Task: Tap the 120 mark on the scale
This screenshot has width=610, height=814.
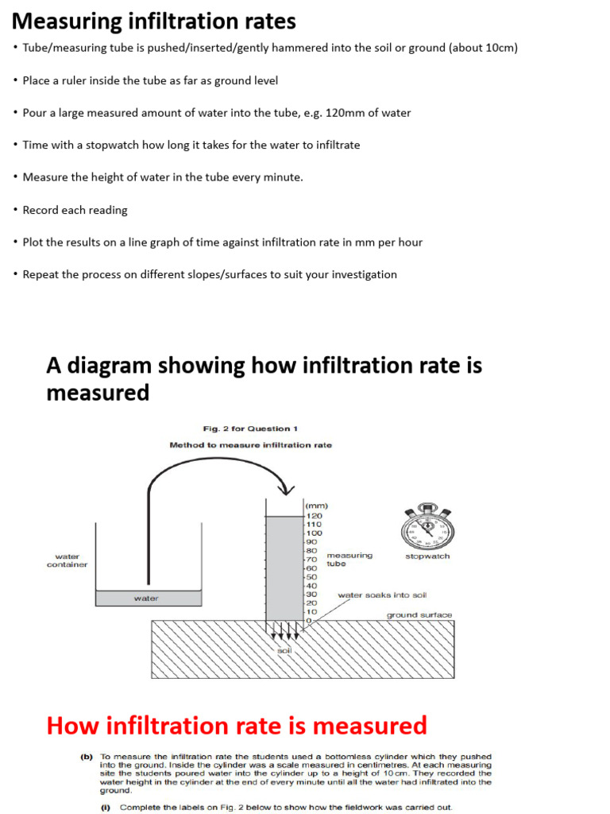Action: [x=315, y=516]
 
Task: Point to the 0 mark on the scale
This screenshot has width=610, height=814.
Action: [x=310, y=621]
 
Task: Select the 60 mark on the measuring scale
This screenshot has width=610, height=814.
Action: [x=311, y=568]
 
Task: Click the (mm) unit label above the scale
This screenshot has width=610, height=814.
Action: [x=316, y=506]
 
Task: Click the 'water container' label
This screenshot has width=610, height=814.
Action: [x=67, y=560]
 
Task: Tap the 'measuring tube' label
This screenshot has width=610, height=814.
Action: [x=349, y=560]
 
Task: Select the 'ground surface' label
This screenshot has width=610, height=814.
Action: [x=419, y=614]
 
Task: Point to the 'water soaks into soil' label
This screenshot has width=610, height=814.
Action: [x=382, y=595]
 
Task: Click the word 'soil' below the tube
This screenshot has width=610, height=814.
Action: [x=284, y=650]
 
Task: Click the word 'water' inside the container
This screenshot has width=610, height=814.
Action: [x=146, y=598]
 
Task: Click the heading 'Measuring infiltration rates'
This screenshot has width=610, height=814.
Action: [x=154, y=21]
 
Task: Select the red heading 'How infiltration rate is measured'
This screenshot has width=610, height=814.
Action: [x=237, y=725]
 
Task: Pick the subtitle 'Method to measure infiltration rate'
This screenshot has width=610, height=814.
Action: [x=250, y=445]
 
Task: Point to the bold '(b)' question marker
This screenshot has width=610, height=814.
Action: [x=87, y=757]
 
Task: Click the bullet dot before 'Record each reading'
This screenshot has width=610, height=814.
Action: [x=15, y=210]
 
